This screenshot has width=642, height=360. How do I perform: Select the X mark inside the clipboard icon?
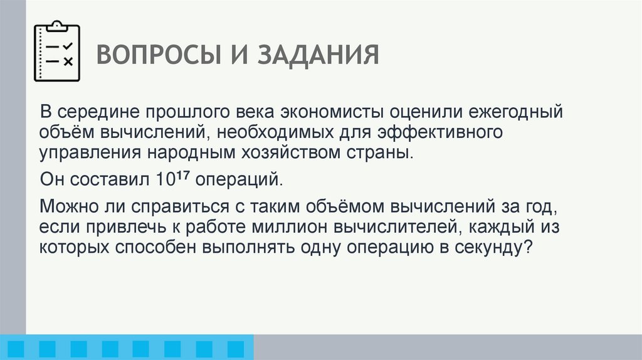coord(68,61)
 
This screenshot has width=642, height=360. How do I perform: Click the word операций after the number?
coord(239,179)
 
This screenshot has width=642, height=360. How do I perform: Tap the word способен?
coord(154,247)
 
